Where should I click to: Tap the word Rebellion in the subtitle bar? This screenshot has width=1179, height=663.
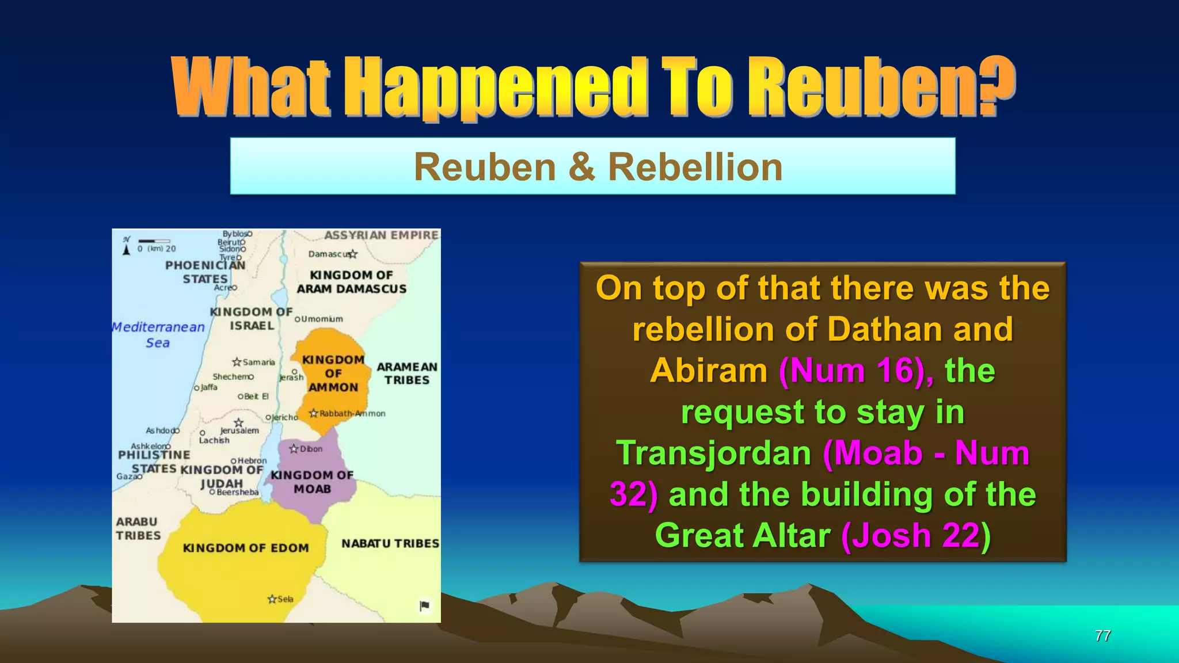[x=695, y=167]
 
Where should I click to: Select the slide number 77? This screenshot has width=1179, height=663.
[x=1102, y=635]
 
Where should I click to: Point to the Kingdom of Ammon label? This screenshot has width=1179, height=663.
[x=333, y=374]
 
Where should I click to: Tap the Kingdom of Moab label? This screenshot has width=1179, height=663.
[x=312, y=482]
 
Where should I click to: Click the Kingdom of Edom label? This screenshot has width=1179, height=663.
[x=246, y=548]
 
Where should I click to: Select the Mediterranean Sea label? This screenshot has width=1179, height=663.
[x=158, y=334]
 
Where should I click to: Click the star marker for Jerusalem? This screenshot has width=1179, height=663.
[x=239, y=423]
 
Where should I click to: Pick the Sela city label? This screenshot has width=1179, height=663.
[x=285, y=599]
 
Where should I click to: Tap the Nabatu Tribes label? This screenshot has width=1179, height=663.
[x=390, y=543]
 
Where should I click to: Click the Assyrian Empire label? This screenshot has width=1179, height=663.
[x=381, y=235]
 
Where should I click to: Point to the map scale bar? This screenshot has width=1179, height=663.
[x=154, y=241]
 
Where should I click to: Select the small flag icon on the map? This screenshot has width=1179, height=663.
[x=424, y=605]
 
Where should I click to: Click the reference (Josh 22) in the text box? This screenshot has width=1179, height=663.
[x=916, y=535]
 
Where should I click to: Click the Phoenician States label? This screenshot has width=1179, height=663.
[x=205, y=272]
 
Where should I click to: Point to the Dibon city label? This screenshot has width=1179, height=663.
[x=311, y=449]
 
